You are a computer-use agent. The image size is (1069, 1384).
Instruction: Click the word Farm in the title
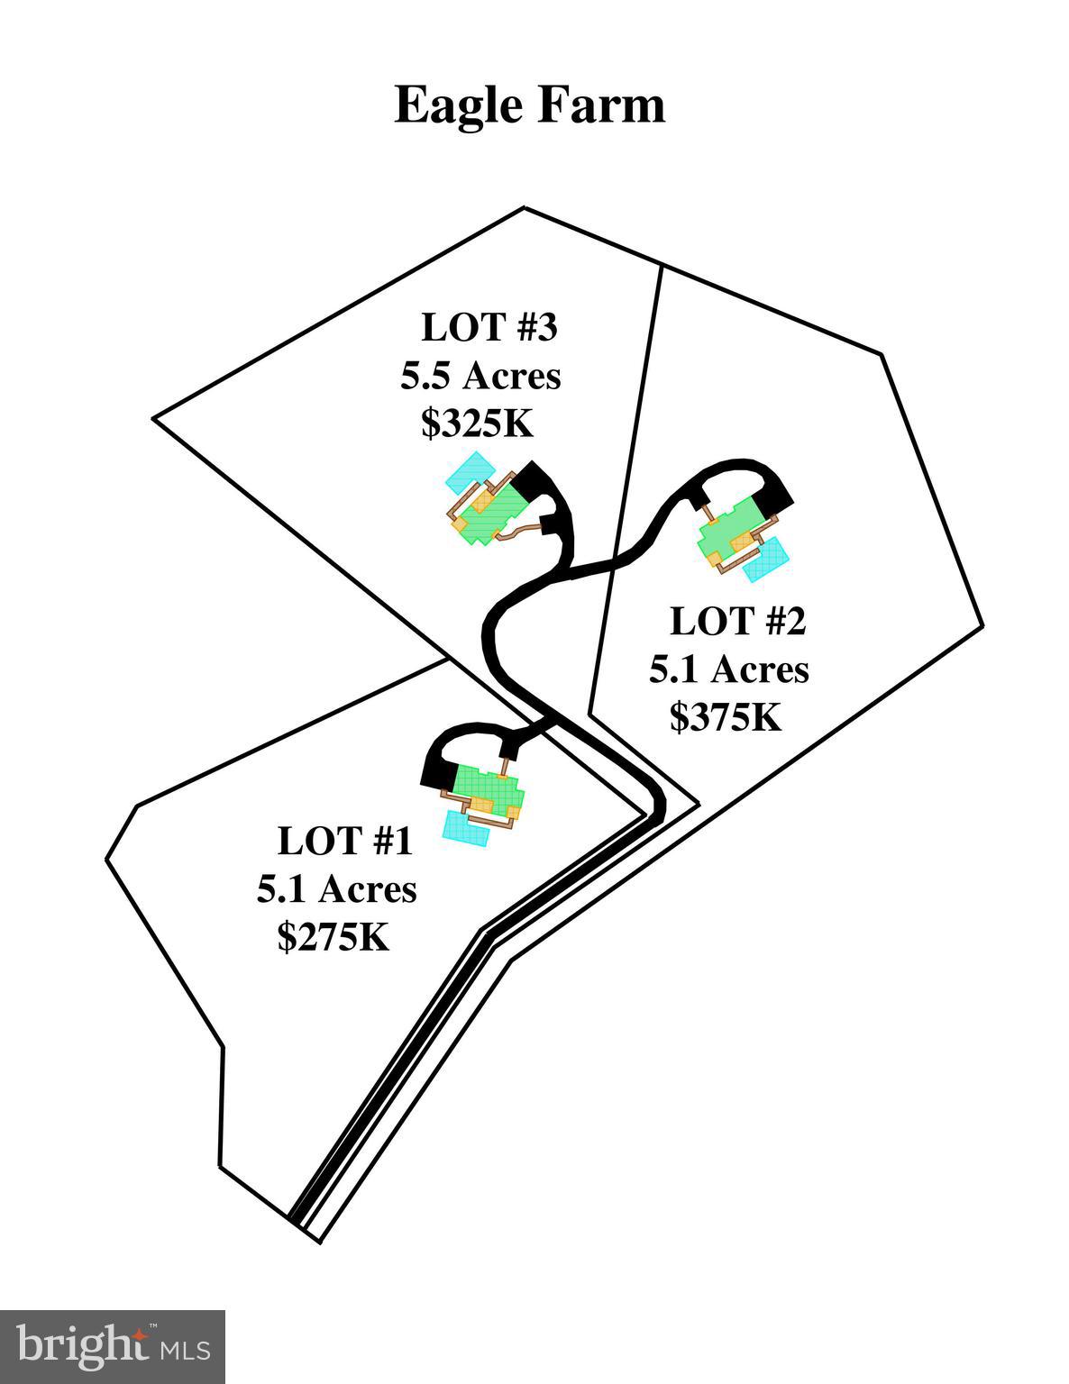[x=602, y=104]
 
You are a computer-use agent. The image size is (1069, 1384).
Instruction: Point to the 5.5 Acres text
[x=480, y=376]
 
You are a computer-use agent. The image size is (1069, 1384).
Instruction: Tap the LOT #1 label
[x=345, y=840]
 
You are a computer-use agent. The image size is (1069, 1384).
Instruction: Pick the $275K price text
[x=333, y=936]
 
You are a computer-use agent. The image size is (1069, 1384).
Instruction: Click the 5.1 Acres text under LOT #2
[x=729, y=669]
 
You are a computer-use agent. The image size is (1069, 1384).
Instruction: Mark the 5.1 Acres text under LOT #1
[x=336, y=888]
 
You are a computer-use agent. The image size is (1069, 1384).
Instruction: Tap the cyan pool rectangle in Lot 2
[x=766, y=559]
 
